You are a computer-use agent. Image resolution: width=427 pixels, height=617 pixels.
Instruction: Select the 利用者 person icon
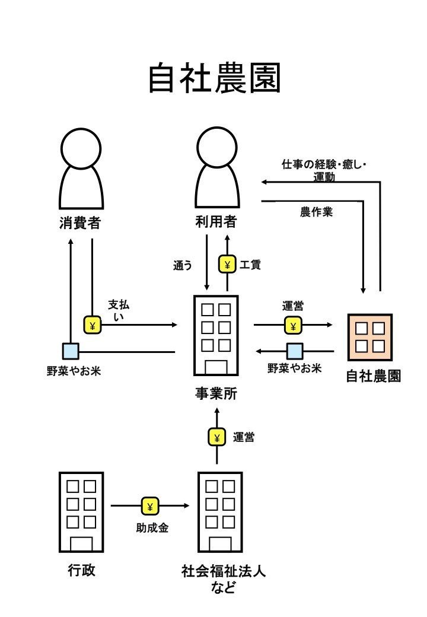coord(217,169)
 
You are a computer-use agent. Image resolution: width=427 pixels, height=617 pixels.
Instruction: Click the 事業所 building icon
coord(216,335)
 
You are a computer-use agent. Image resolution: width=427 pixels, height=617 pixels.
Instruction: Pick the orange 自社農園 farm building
coord(370,337)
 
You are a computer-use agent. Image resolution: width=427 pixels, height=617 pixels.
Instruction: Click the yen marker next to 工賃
coord(227,264)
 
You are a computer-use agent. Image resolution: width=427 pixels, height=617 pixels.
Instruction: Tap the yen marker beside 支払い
coord(93,325)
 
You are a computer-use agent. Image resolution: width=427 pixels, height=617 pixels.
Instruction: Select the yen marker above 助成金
coord(150,506)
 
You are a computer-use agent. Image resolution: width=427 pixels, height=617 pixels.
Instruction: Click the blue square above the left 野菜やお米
coord(71,351)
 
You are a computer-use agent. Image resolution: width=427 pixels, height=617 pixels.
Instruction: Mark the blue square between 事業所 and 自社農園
coord(295,351)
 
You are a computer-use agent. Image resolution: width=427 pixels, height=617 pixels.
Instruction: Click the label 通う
coord(183,266)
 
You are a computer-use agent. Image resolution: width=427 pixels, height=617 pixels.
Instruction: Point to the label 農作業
coord(316,212)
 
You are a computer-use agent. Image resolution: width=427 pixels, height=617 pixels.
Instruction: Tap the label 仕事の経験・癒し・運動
coord(324,170)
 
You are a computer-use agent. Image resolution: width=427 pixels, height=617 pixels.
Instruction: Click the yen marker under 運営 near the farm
coord(293,325)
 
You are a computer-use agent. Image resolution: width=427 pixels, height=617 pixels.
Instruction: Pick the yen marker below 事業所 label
coord(216,438)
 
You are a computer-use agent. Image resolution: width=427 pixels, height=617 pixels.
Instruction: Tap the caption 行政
coord(81,571)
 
